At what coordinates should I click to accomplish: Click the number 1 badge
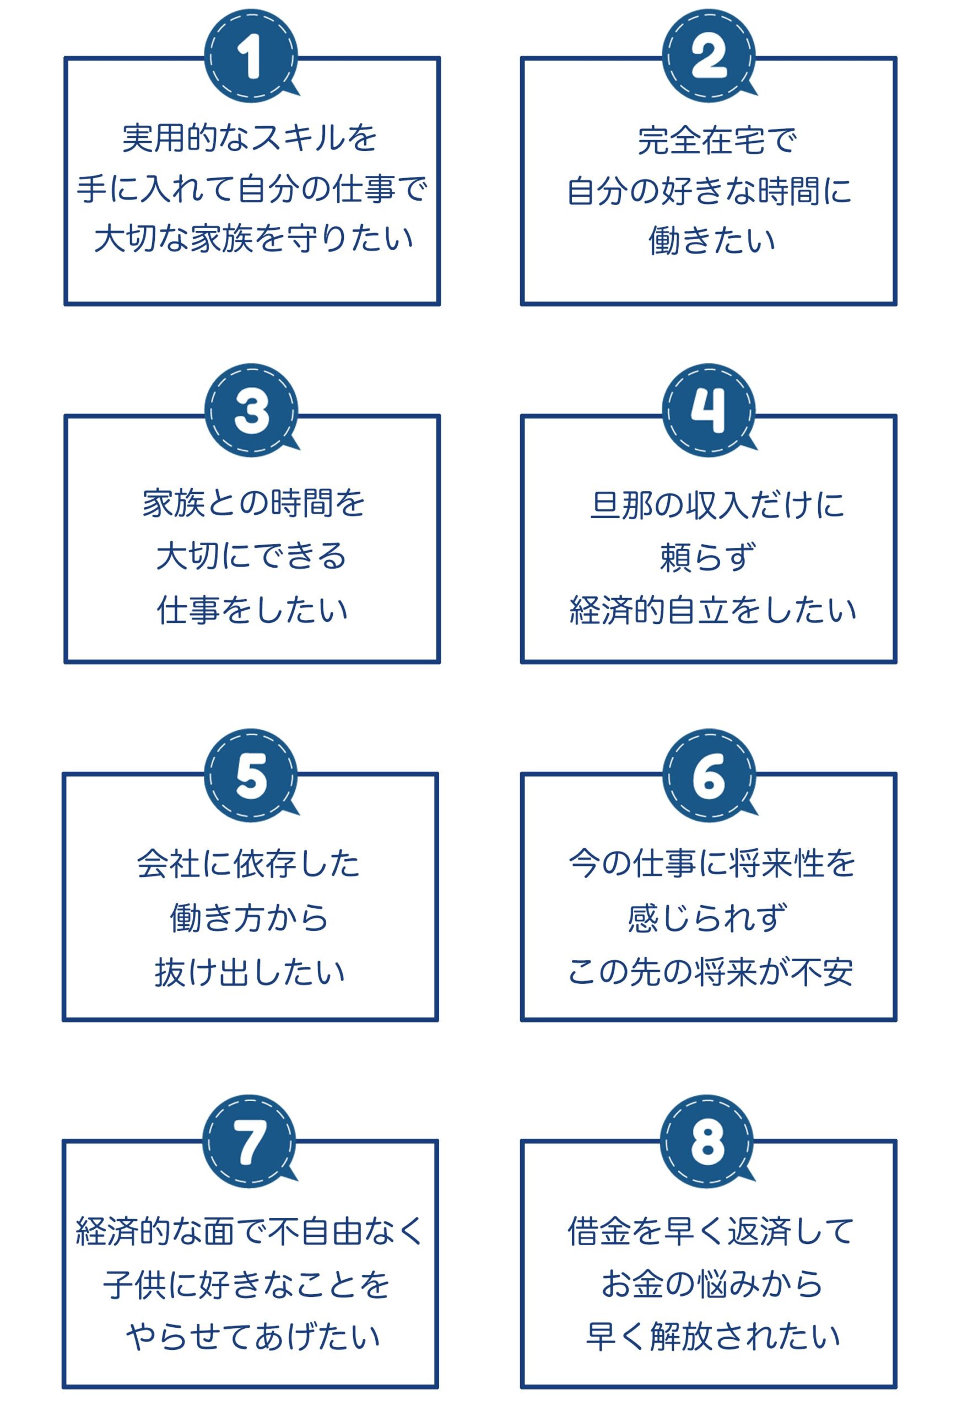click(x=251, y=55)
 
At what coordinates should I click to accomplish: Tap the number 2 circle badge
click(x=709, y=55)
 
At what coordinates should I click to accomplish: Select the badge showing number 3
click(x=251, y=411)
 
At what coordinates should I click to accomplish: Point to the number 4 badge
click(x=709, y=411)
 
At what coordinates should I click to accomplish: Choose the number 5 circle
click(x=251, y=775)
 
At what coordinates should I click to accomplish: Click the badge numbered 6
click(x=709, y=775)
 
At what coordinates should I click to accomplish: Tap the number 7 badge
click(x=250, y=1141)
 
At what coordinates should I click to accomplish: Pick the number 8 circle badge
click(x=707, y=1141)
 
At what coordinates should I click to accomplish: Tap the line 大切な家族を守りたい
click(x=253, y=238)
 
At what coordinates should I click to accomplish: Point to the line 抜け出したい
click(x=250, y=971)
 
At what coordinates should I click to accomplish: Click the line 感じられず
click(x=707, y=917)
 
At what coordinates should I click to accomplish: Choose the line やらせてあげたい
click(x=252, y=1337)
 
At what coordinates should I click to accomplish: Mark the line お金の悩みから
click(x=712, y=1283)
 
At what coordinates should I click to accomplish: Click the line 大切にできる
click(x=251, y=556)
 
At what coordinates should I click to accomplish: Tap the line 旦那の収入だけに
click(x=717, y=504)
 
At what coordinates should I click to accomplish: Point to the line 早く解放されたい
click(x=713, y=1337)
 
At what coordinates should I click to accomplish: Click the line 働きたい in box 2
click(x=712, y=240)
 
